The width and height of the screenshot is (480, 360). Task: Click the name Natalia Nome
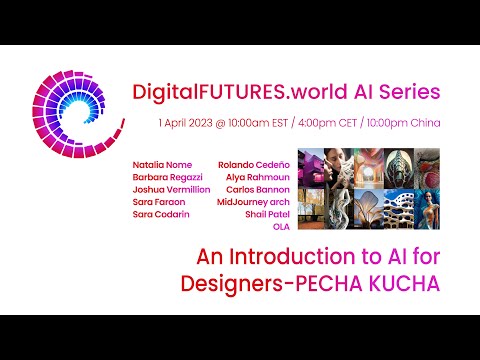pos(161,163)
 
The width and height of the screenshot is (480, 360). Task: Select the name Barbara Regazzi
pos(166,176)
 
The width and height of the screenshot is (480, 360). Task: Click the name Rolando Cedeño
pos(254,163)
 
